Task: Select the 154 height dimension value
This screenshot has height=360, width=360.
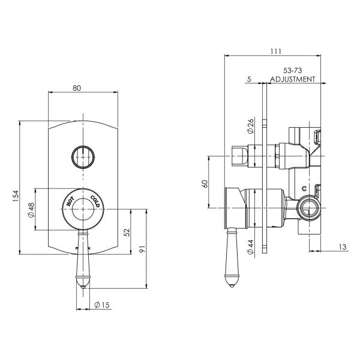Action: point(16,195)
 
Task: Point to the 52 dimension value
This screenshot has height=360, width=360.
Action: point(126,232)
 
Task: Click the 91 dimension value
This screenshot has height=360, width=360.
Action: point(142,248)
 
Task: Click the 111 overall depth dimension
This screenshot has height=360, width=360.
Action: point(275,52)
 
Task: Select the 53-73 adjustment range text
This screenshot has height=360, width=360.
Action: point(292,71)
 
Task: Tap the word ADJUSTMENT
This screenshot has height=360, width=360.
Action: point(292,79)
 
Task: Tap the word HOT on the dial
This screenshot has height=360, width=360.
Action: point(70,201)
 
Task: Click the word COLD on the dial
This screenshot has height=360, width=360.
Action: point(96,200)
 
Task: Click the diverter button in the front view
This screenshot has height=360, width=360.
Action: point(83,157)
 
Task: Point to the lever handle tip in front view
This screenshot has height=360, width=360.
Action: point(83,281)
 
